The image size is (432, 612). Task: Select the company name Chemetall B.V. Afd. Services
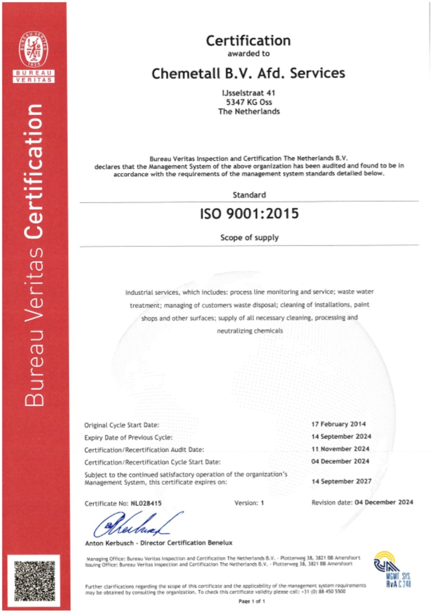coord(248,73)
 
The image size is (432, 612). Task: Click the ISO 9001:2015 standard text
coord(248,214)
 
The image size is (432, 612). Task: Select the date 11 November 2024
coord(340,448)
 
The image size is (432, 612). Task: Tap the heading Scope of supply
coord(248,237)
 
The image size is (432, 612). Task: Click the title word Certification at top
coord(248,40)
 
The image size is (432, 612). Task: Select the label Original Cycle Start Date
coord(122,425)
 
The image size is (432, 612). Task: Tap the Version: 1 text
coord(248,503)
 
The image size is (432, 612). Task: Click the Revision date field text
coord(362,503)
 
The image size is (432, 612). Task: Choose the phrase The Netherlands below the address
coord(248,111)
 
